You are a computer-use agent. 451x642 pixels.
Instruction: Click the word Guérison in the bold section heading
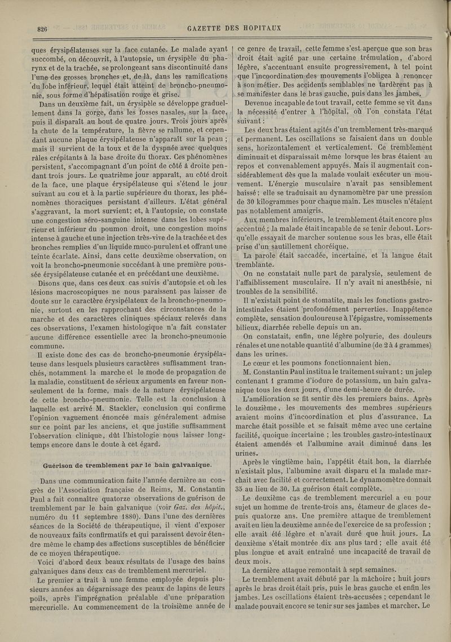[60, 449]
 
